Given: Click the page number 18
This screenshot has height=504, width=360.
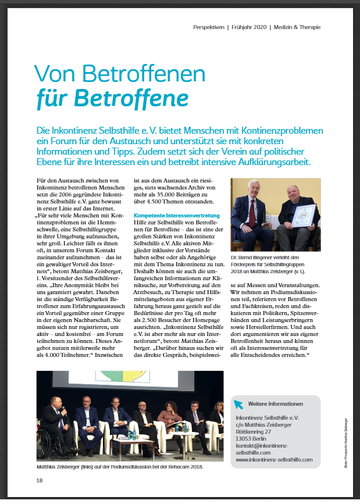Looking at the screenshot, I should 40,480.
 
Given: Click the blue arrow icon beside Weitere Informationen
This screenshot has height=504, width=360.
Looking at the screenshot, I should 239,404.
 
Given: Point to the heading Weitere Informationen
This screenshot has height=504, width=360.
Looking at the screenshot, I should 275,404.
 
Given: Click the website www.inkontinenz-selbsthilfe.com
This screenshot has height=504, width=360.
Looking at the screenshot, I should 274,459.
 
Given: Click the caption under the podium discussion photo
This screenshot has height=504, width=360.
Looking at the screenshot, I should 120,467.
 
